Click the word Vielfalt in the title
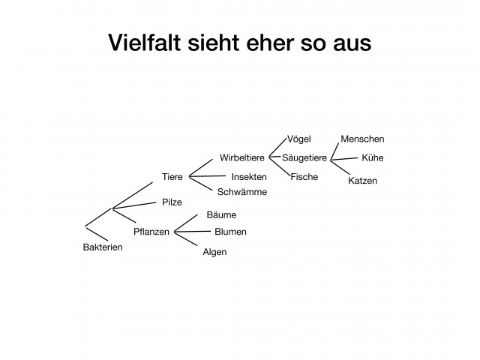144,43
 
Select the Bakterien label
103,247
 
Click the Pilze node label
172,202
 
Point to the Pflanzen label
151,232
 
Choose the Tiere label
172,177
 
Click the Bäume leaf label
221,214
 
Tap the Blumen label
230,232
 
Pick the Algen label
214,252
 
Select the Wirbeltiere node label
242,157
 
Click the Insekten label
249,177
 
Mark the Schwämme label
242,192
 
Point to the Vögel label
299,139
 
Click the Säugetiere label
304,158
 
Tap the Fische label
304,177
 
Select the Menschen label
362,139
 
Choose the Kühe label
373,157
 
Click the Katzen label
362,181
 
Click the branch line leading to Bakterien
97,234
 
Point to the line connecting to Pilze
134,205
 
